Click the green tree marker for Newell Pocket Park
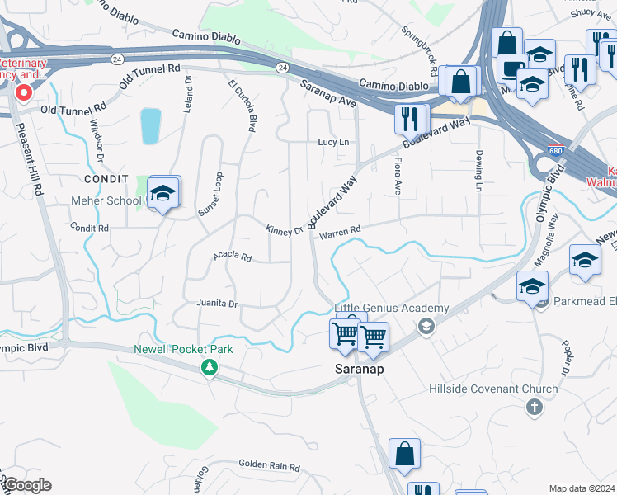coord(210,366)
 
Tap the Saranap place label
coord(360,369)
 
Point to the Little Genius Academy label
coord(391,308)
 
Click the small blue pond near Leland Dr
coord(150,125)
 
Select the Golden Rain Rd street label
coord(268,466)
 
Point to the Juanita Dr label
coord(217,303)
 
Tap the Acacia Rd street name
coord(232,257)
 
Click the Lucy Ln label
coord(333,142)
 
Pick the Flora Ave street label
coord(398,176)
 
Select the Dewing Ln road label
coord(478,172)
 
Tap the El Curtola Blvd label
coord(242,106)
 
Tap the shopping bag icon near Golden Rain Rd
coord(404,454)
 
